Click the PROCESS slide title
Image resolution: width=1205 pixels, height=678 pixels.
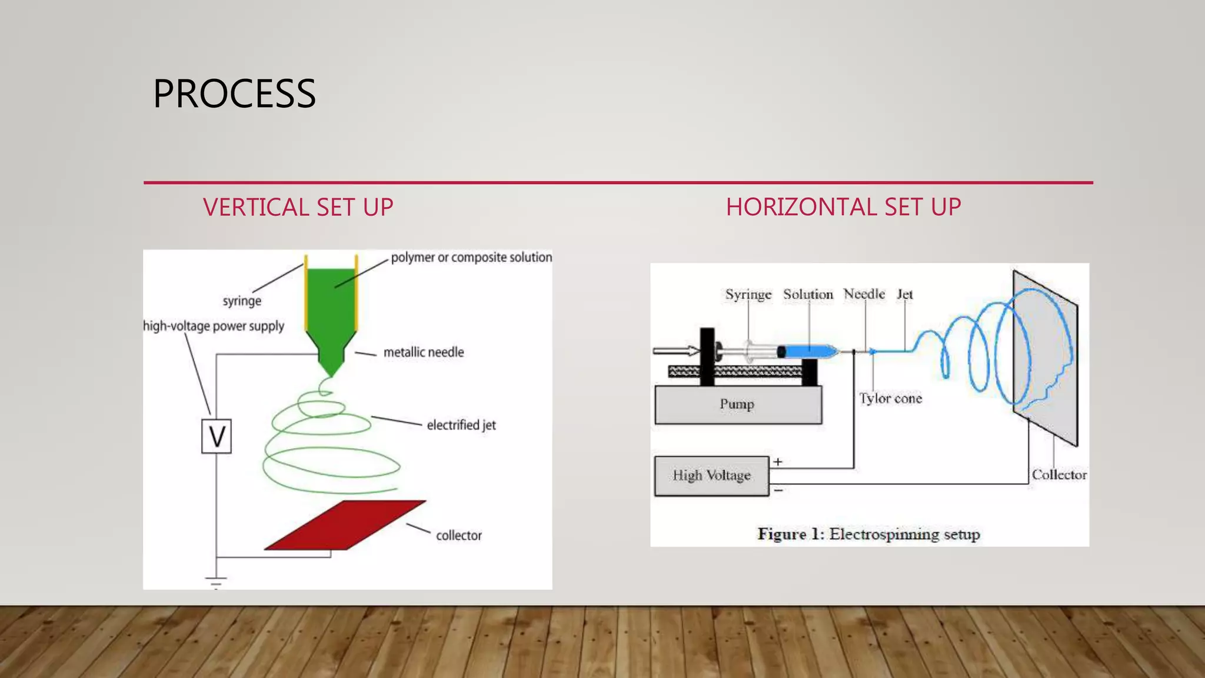click(234, 94)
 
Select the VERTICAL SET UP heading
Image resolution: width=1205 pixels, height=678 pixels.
click(298, 207)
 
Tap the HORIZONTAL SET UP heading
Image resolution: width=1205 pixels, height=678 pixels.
click(843, 207)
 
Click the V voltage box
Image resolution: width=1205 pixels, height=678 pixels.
click(217, 436)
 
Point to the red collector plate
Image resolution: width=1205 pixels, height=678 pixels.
click(346, 524)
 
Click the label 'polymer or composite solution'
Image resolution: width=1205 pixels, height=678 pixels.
click(471, 257)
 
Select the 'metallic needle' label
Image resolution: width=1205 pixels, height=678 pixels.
click(424, 352)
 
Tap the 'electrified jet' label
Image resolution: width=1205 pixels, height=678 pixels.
click(461, 425)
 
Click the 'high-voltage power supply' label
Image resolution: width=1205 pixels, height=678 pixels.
click(214, 326)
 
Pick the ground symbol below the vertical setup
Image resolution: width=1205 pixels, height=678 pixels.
click(216, 582)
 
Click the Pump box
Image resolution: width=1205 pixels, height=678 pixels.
click(738, 404)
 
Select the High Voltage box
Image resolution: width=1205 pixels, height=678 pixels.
click(711, 476)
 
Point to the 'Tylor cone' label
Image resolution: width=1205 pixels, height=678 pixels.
click(890, 398)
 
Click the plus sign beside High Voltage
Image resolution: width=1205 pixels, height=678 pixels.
click(778, 462)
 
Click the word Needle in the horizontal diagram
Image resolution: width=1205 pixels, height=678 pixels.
click(864, 294)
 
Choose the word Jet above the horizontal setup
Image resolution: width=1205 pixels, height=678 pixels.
click(905, 294)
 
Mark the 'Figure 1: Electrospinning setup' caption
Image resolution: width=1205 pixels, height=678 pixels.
click(868, 534)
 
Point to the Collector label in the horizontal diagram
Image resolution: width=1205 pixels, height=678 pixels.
click(1059, 474)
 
